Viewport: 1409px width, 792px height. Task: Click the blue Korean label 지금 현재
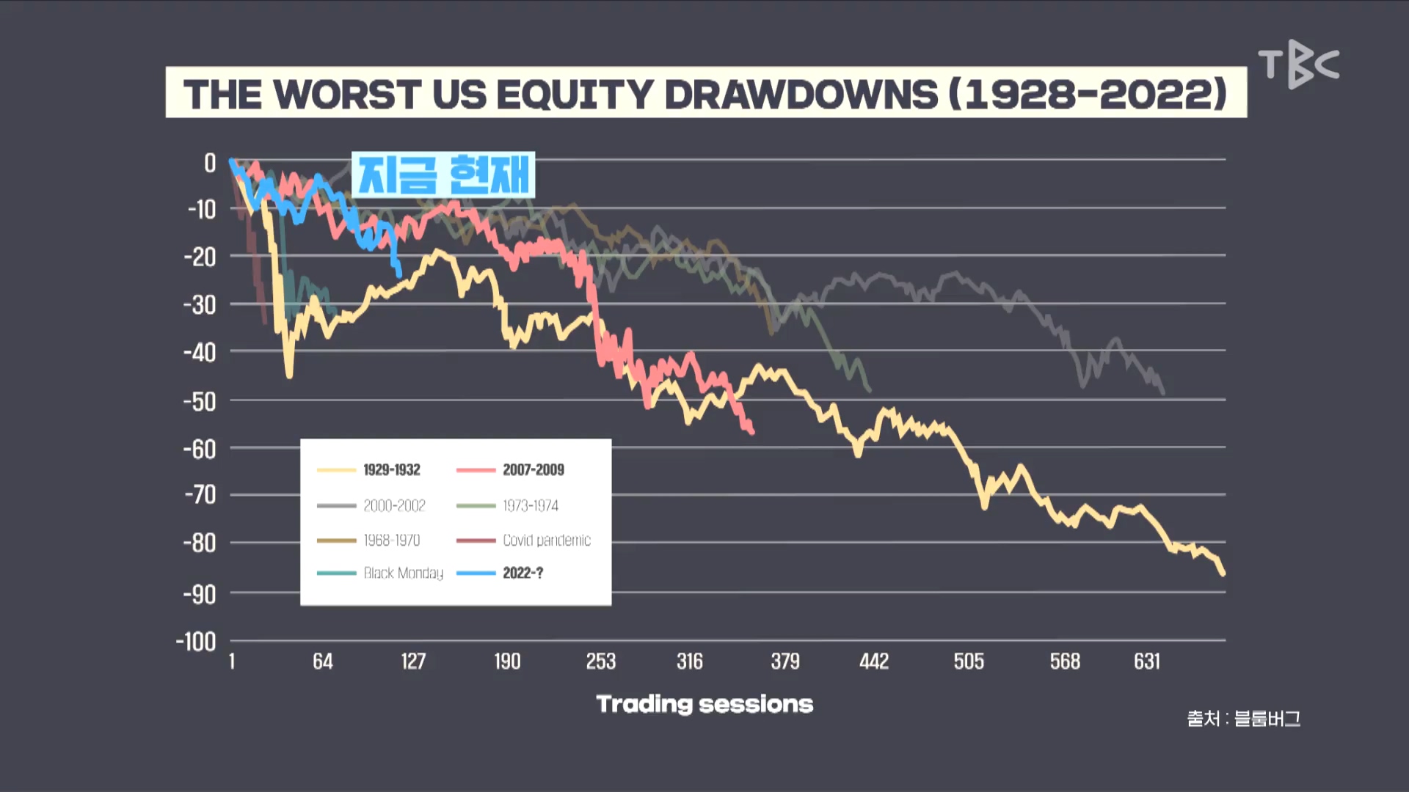443,175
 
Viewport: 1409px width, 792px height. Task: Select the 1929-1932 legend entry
369,469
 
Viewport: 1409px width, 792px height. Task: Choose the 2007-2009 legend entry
510,469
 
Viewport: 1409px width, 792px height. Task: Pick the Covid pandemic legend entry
523,540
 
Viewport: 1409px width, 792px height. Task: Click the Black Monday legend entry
380,573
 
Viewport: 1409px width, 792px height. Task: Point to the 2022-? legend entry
500,573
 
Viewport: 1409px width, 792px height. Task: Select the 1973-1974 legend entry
507,505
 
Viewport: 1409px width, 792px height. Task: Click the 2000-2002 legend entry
371,505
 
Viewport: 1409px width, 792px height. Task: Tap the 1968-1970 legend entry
368,540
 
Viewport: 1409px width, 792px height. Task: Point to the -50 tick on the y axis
200,401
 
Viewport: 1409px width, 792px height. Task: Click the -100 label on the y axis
196,642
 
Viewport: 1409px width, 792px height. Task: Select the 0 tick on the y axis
210,163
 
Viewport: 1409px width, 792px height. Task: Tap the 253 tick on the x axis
601,661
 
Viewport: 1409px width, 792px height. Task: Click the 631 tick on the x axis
1147,661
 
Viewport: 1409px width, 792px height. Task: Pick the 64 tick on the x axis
323,661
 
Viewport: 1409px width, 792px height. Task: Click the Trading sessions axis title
704,704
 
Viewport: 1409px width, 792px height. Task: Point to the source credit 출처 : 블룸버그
1244,719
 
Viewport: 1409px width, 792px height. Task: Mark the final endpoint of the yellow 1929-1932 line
1223,573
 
